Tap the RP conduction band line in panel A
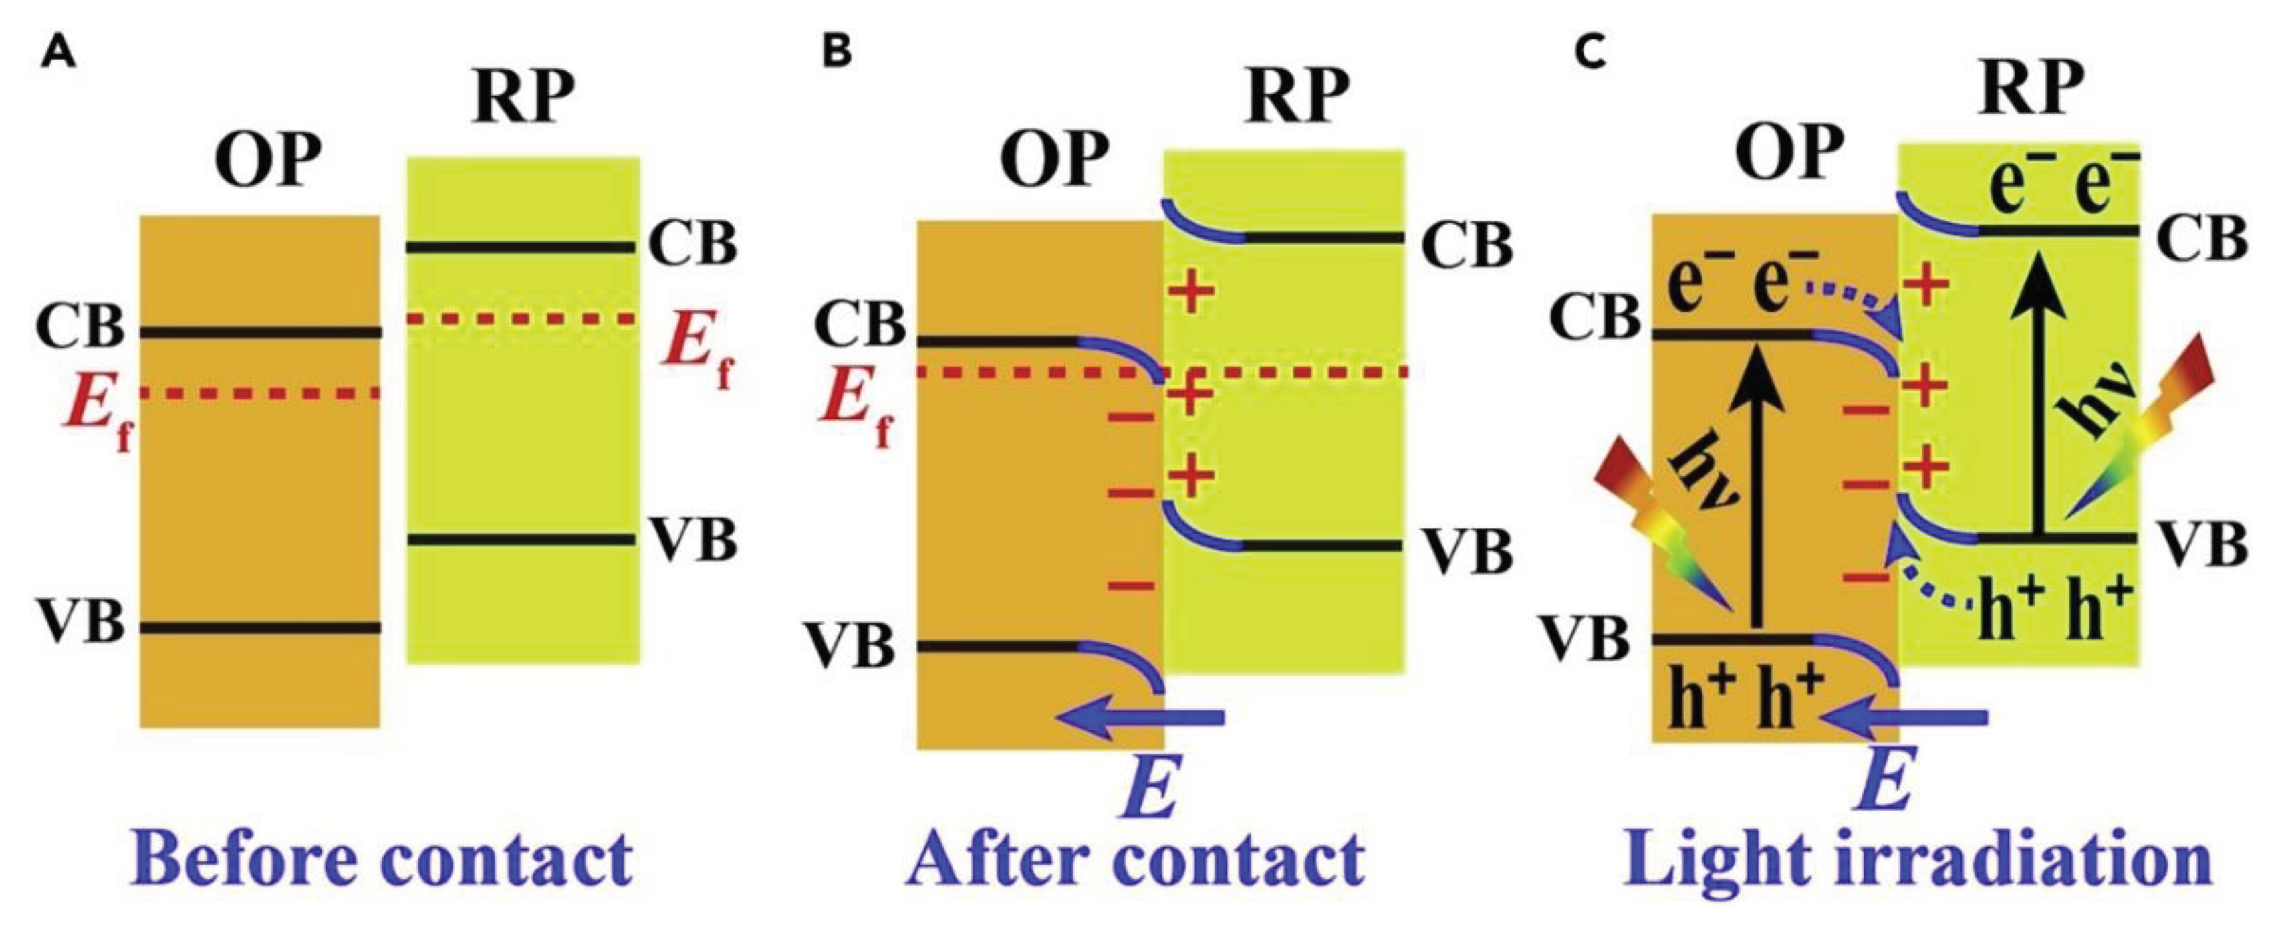521,247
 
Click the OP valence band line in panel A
260,627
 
